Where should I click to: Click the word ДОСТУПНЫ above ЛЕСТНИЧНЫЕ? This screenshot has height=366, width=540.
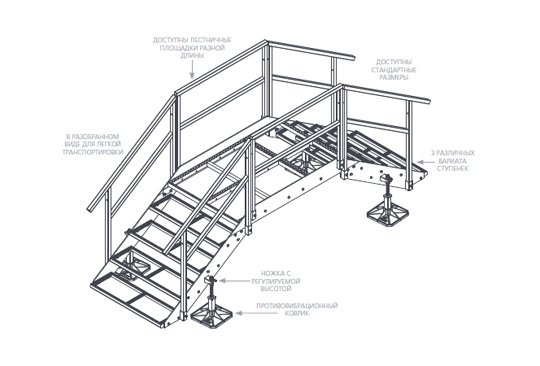pyautogui.click(x=167, y=40)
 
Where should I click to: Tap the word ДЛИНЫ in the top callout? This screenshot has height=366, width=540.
pyautogui.click(x=192, y=55)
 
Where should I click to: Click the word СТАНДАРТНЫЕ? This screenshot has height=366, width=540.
pyautogui.click(x=394, y=70)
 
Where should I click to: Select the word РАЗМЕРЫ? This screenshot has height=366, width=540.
pyautogui.click(x=394, y=77)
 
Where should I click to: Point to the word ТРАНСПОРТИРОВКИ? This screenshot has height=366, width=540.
pyautogui.click(x=93, y=152)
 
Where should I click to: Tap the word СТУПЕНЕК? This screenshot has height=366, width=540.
pyautogui.click(x=453, y=168)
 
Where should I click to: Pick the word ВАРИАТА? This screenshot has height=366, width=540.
pyautogui.click(x=453, y=161)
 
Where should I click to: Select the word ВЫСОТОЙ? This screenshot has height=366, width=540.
pyautogui.click(x=276, y=289)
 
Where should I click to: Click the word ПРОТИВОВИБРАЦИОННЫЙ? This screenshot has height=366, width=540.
pyautogui.click(x=297, y=306)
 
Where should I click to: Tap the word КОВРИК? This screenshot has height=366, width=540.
pyautogui.click(x=297, y=313)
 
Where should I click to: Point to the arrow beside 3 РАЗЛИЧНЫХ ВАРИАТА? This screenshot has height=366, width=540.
pyautogui.click(x=424, y=161)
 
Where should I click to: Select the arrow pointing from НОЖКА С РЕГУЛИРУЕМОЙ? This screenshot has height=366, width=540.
pyautogui.click(x=235, y=281)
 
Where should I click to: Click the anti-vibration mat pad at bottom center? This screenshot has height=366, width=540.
pyautogui.click(x=211, y=316)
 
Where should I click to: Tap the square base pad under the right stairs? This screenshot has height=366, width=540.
pyautogui.click(x=388, y=215)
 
